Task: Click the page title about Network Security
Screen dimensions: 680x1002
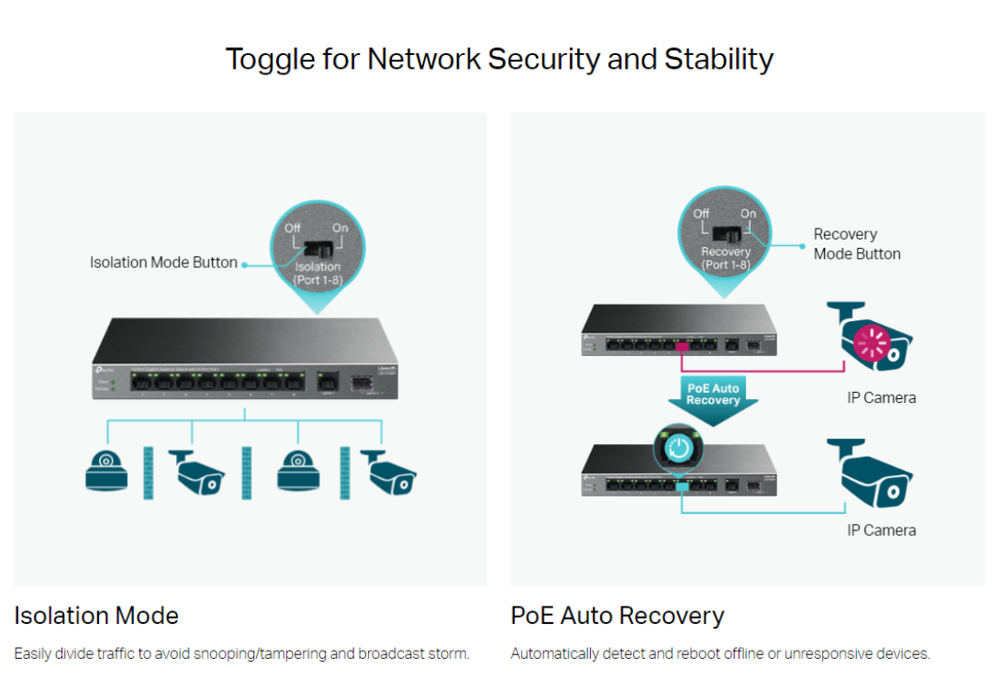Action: (500, 60)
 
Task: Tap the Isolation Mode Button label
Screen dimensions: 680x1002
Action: (163, 262)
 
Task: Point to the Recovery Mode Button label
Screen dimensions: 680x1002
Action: (856, 244)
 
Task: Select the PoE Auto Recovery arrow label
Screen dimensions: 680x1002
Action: (713, 395)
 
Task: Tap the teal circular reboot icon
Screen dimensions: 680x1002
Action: (678, 448)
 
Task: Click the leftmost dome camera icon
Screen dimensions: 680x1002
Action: (106, 470)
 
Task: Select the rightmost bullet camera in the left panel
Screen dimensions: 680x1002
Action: (387, 472)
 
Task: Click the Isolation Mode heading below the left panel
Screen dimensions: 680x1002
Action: (96, 616)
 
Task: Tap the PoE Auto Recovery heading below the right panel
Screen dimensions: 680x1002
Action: (618, 616)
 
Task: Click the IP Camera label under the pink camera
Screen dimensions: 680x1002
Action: (881, 398)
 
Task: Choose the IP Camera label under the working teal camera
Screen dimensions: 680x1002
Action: (881, 530)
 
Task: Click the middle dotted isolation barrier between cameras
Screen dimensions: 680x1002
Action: (246, 473)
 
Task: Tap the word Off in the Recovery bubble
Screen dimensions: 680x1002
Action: (701, 214)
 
